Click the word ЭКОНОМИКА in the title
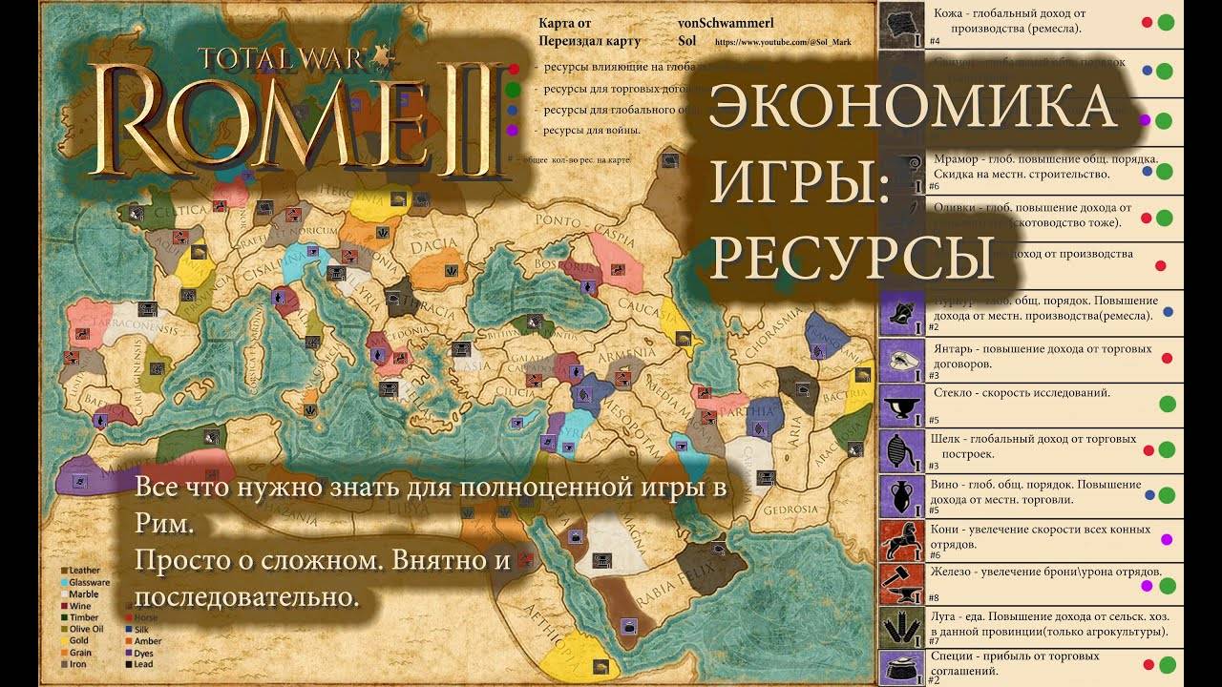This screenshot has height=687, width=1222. pyautogui.click(x=913, y=107)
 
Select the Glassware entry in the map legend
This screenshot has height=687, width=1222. pyautogui.click(x=89, y=582)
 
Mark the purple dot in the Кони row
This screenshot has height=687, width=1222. pyautogui.click(x=1166, y=540)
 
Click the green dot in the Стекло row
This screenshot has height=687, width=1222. pyautogui.click(x=1167, y=404)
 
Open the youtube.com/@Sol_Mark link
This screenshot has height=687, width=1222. pyautogui.click(x=782, y=43)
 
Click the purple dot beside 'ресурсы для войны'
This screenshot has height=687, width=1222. pyautogui.click(x=513, y=130)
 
